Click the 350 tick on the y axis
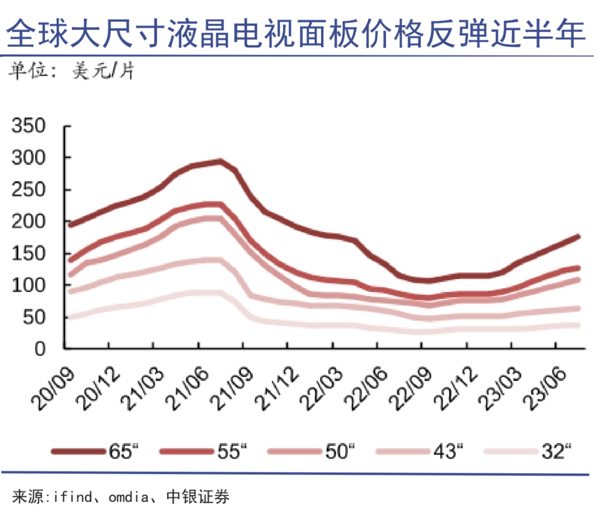tap(34, 126)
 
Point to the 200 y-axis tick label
tap(34, 222)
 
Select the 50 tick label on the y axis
tap(41, 317)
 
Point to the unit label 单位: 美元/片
tap(71, 72)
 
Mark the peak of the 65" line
tap(220, 161)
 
